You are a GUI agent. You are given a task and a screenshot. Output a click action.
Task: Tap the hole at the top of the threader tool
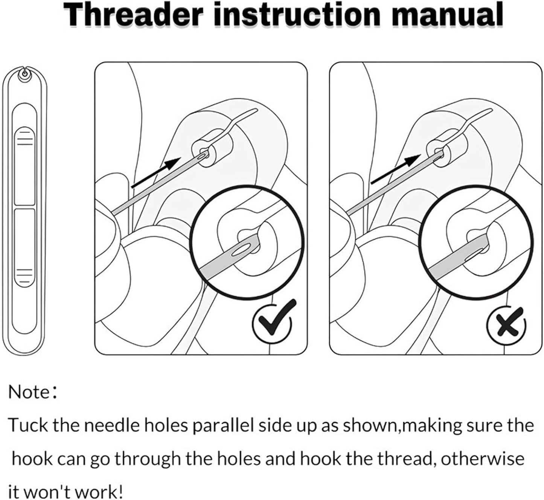coord(24,75)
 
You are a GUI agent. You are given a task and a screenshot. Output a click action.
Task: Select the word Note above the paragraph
coord(29,392)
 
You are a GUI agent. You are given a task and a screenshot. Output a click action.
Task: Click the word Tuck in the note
coord(28,425)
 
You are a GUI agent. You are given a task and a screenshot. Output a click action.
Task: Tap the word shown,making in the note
coord(392,425)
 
